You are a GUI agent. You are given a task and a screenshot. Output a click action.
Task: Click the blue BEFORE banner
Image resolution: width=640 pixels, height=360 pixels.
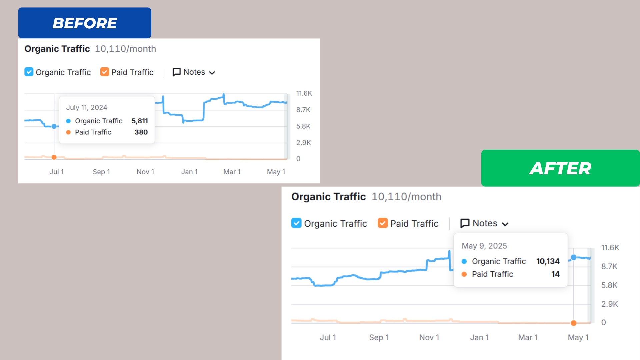[85, 23]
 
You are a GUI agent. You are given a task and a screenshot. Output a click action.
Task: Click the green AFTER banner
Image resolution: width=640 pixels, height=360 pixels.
[560, 168]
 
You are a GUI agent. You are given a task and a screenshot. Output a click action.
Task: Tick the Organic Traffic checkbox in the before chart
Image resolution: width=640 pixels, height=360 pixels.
[29, 72]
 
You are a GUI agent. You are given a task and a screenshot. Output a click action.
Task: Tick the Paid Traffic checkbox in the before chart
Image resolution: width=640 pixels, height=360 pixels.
[105, 72]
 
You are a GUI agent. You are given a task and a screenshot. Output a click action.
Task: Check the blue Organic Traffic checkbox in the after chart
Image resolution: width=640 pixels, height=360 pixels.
[296, 223]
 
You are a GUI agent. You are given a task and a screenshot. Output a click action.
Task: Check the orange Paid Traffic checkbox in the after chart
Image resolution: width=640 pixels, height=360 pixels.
[383, 223]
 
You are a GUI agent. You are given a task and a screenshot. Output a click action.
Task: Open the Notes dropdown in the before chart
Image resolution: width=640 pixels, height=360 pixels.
[194, 72]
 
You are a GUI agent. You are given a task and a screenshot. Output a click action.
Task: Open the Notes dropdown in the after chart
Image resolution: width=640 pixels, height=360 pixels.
[484, 223]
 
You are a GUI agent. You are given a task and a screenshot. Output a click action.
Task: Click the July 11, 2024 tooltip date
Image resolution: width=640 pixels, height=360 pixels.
[87, 108]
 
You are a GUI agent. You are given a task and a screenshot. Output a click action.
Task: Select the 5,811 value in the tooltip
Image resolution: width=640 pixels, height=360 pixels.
[140, 121]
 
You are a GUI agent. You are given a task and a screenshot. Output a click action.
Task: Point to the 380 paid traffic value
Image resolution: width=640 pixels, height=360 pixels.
[141, 132]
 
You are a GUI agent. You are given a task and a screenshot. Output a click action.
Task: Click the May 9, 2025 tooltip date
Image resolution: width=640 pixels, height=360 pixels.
[484, 246]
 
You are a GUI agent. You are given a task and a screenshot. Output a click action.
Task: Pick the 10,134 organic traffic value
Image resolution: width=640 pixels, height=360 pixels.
[548, 261]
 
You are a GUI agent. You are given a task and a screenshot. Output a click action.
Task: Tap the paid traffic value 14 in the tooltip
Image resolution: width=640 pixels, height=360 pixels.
[555, 274]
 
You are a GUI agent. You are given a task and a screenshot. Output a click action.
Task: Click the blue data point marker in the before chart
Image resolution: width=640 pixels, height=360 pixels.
[54, 126]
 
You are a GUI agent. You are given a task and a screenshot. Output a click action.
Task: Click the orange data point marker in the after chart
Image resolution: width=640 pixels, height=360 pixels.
[574, 323]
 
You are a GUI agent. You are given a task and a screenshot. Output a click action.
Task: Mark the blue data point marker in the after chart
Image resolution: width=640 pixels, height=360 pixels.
[574, 257]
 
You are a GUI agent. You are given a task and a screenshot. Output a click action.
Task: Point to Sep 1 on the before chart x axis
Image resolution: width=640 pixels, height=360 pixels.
[101, 172]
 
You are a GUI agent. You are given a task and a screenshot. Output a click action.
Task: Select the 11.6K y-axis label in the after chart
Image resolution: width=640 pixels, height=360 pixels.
[610, 248]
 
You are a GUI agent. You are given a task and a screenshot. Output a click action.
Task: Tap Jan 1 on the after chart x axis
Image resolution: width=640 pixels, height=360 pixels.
[479, 338]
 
